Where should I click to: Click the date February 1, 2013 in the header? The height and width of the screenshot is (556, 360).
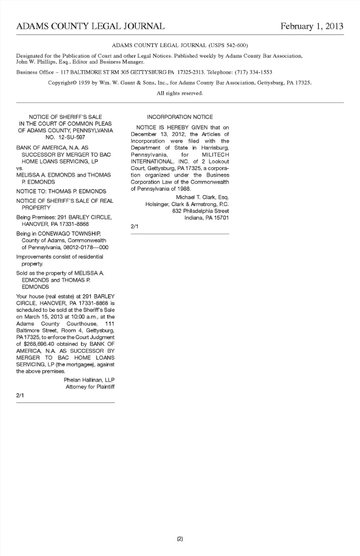tap(312, 26)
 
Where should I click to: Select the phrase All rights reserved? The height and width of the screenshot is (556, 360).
tap(180, 93)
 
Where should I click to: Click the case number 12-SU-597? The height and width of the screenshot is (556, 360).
tap(72, 137)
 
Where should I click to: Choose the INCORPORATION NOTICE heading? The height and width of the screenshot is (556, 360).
tap(180, 117)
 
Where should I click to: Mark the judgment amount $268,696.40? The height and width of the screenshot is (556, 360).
tap(39, 344)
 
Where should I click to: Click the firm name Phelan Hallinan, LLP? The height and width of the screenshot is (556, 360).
tap(89, 380)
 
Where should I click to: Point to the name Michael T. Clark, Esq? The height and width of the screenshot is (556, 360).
tap(202, 197)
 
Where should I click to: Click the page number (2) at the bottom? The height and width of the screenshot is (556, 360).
tap(180, 539)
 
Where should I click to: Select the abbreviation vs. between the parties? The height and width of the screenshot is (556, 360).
tap(19, 168)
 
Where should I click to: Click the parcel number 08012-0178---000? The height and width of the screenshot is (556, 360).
tap(86, 247)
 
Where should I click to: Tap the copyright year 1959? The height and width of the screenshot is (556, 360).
tap(84, 82)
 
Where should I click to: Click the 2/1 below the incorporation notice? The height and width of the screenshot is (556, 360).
tap(134, 226)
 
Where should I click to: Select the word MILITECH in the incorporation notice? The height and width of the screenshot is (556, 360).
tap(215, 154)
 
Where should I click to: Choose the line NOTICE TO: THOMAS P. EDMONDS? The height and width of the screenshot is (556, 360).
tap(61, 191)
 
